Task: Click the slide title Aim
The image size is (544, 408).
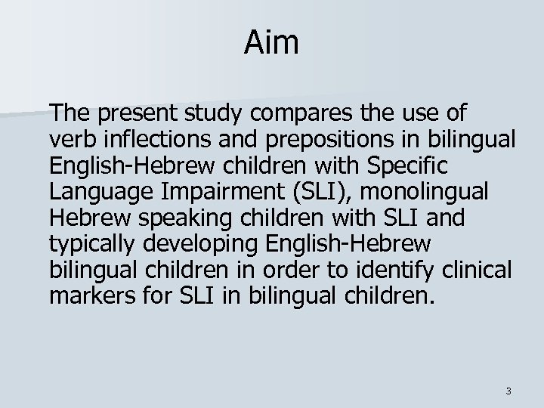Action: click(271, 43)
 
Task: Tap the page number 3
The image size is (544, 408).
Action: click(508, 391)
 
